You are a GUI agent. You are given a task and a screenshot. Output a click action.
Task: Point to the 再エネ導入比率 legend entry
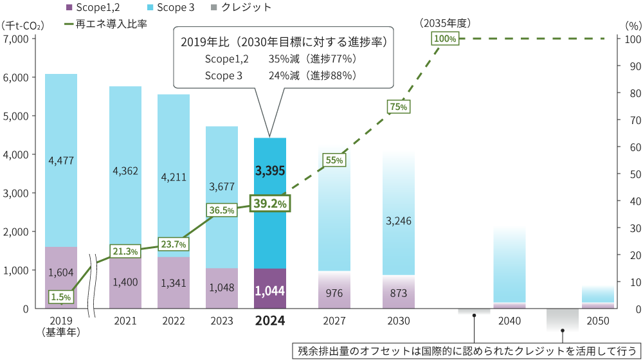tap(106, 24)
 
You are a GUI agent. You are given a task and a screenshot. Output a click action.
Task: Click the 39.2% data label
tap(270, 203)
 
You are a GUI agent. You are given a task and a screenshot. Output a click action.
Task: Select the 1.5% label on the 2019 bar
tap(60, 296)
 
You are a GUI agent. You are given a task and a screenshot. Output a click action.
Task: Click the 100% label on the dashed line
tap(445, 39)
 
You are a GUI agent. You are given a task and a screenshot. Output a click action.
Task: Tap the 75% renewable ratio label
tap(398, 107)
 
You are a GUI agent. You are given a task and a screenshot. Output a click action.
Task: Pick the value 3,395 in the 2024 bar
tap(270, 171)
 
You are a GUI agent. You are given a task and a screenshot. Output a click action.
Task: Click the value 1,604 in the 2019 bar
tap(61, 273)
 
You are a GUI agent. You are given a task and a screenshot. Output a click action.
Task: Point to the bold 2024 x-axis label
tap(270, 320)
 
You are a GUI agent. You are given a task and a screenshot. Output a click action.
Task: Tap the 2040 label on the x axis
tap(510, 319)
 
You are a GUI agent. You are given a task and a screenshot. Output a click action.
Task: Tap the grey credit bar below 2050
tap(563, 319)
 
